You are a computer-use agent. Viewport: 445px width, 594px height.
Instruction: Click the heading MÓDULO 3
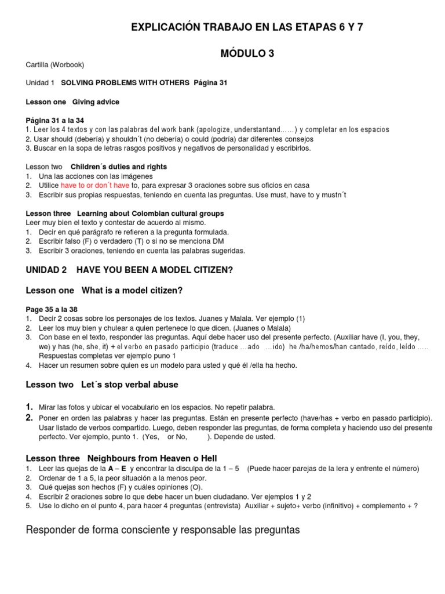coord(247,53)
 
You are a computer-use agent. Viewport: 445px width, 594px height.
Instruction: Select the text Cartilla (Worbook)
coord(55,64)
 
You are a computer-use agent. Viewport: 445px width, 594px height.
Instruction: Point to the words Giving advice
coord(96,102)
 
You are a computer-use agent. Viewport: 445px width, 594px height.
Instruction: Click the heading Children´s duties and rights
coord(119,166)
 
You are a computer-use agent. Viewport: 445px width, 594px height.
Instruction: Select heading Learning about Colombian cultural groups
coord(150,213)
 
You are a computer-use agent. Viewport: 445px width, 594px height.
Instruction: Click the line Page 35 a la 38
coord(53,310)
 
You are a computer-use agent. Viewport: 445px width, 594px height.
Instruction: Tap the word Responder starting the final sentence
coord(51,530)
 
